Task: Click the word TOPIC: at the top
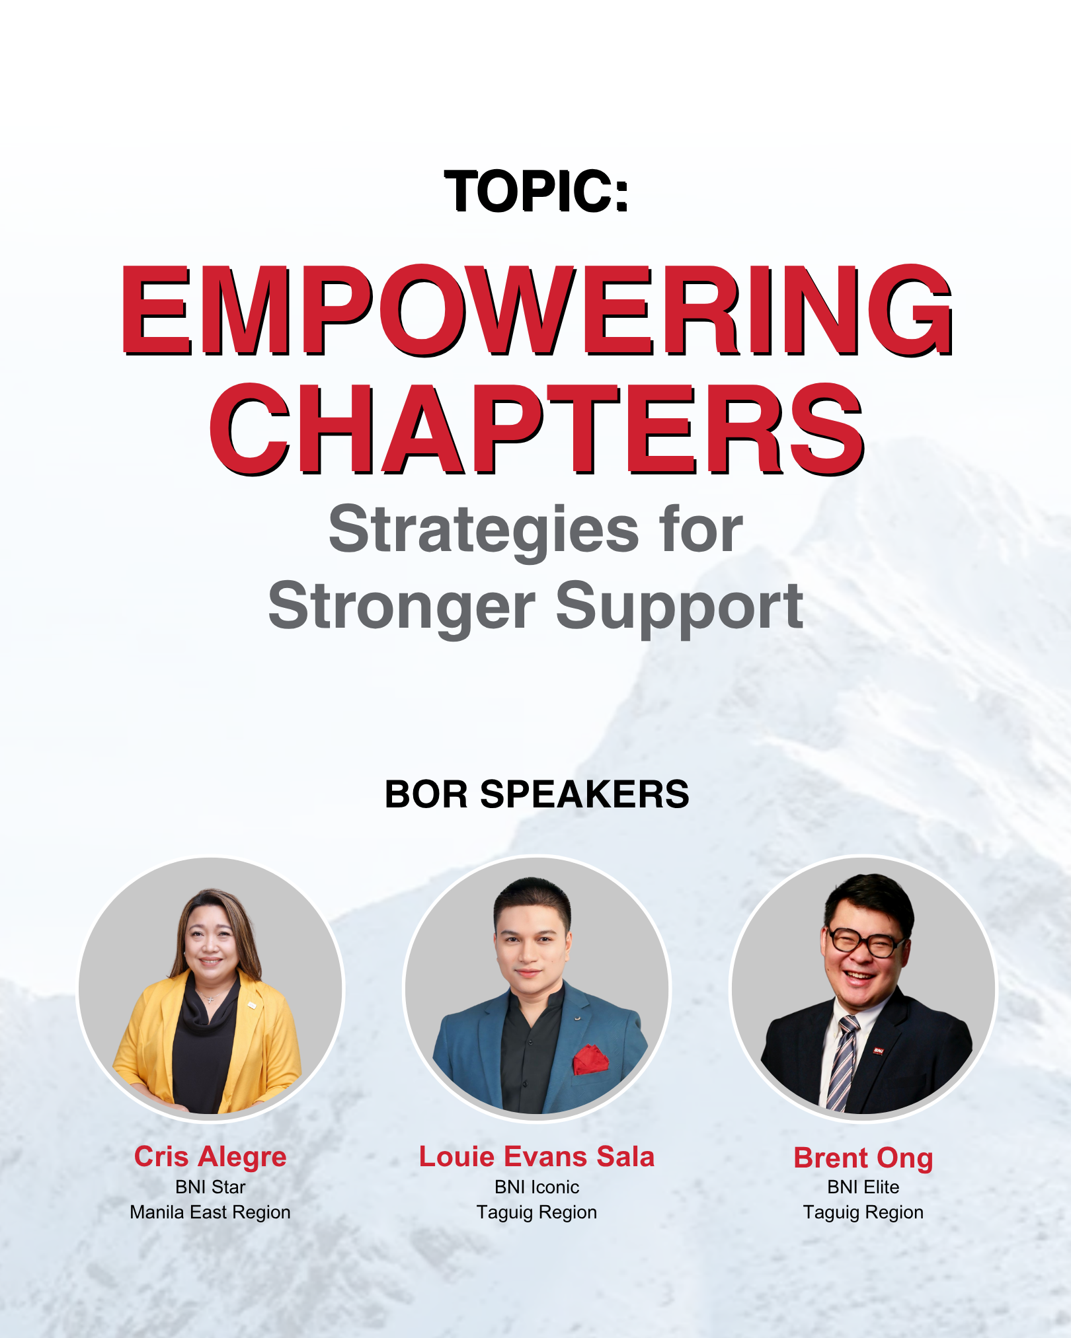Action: [x=536, y=191]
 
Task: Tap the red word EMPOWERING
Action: [x=536, y=311]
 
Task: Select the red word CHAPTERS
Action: [x=536, y=429]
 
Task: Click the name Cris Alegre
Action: [x=210, y=1157]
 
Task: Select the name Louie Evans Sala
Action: [x=536, y=1156]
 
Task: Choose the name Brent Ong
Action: [x=863, y=1158]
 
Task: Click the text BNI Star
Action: [x=210, y=1187]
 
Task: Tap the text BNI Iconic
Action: [x=536, y=1187]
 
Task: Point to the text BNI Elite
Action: [x=863, y=1187]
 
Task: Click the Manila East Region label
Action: [x=210, y=1212]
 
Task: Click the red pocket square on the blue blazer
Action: [x=590, y=1059]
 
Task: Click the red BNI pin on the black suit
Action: [x=878, y=1050]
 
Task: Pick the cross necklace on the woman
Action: [x=210, y=998]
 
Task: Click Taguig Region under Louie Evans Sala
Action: [x=536, y=1212]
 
